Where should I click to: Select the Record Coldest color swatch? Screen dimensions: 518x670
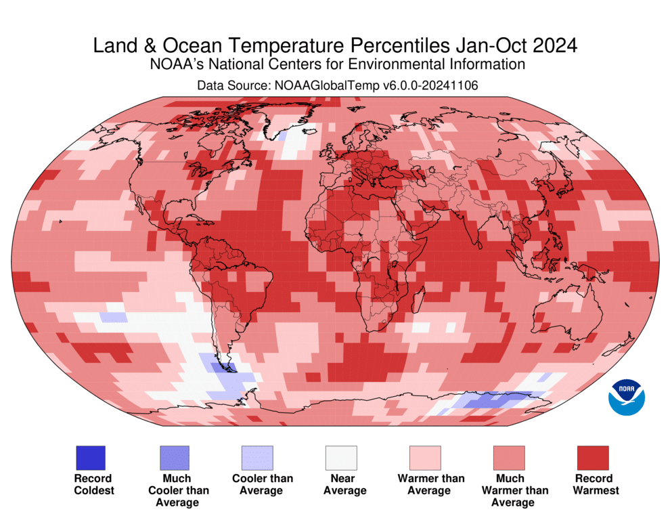point(89,458)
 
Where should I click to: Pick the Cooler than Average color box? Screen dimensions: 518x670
point(257,458)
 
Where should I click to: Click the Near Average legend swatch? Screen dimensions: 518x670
point(340,458)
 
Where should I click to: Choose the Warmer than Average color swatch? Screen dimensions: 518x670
point(424,458)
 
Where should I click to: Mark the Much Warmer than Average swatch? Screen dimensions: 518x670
point(508,458)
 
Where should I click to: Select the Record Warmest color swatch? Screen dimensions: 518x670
point(592,458)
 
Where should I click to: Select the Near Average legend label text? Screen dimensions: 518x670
point(340,484)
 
